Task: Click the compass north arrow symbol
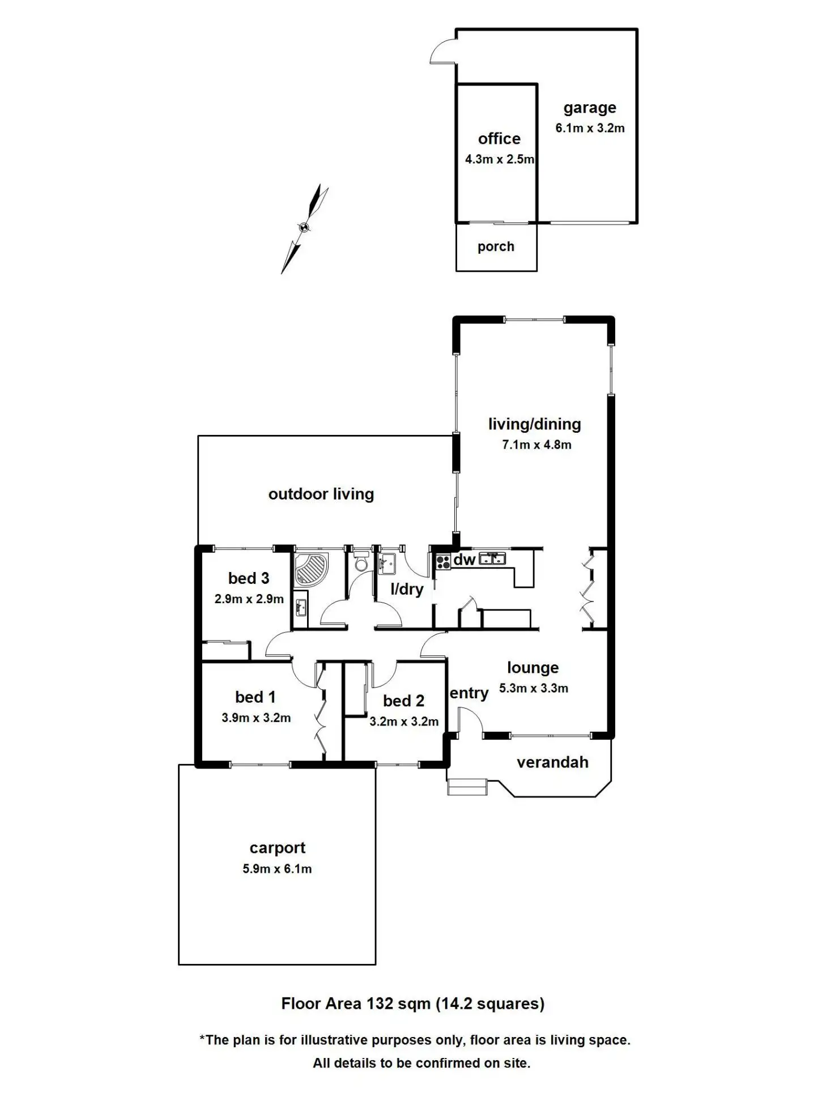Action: [x=304, y=228]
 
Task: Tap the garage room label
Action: [x=589, y=108]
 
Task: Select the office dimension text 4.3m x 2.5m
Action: [x=499, y=160]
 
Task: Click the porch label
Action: [x=496, y=246]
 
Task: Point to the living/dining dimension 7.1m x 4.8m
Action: [x=536, y=445]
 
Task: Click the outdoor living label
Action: [x=321, y=494]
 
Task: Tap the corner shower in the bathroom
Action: [x=312, y=568]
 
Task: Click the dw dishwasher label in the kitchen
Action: [x=465, y=560]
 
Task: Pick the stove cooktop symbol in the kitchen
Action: [x=443, y=562]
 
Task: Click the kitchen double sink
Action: [x=492, y=559]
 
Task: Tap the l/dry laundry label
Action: [x=407, y=589]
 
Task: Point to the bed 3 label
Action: [x=248, y=578]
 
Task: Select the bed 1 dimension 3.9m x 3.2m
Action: [x=256, y=718]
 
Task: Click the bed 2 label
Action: [x=403, y=701]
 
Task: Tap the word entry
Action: [x=469, y=693]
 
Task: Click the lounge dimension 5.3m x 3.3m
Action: [x=533, y=688]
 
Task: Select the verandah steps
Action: [x=467, y=787]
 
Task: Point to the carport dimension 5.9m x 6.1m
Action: [x=277, y=869]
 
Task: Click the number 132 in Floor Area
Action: [x=380, y=1004]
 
